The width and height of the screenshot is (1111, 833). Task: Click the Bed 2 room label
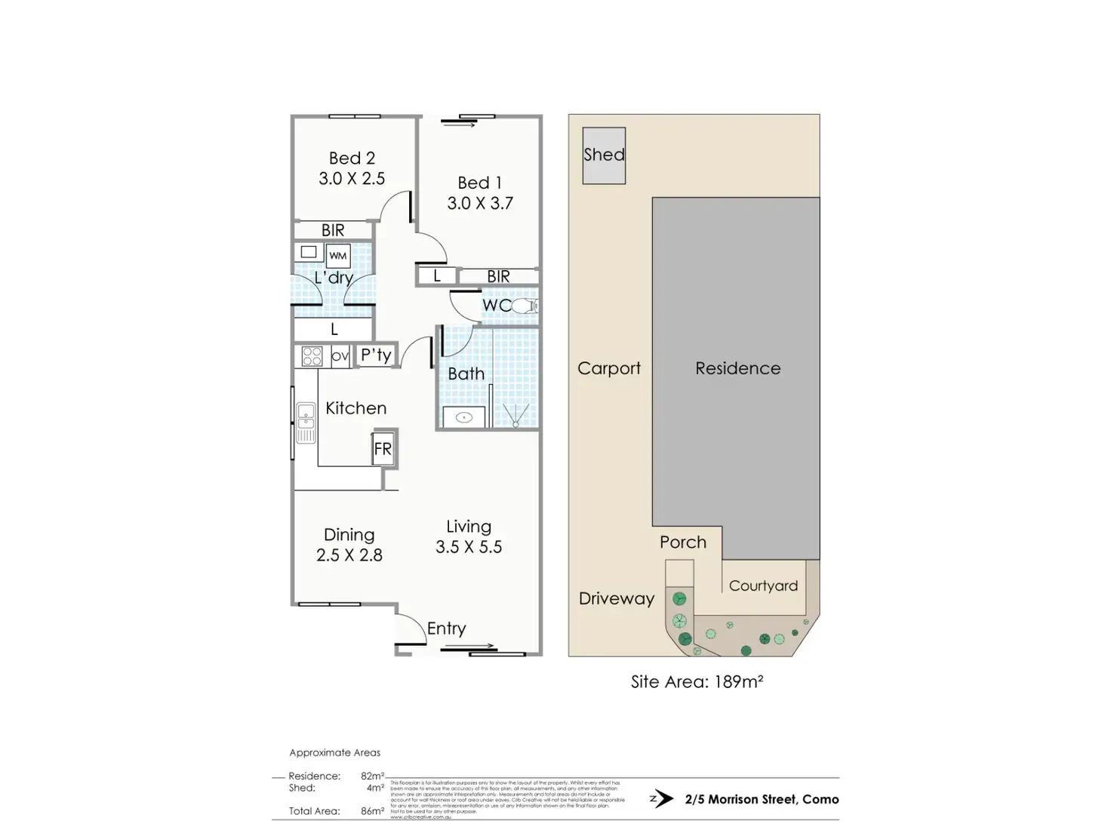click(352, 158)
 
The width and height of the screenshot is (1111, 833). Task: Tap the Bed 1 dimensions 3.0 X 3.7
click(480, 203)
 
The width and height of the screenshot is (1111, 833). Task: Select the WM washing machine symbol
click(338, 256)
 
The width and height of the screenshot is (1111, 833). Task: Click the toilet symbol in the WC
click(525, 306)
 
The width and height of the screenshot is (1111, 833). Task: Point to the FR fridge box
click(383, 450)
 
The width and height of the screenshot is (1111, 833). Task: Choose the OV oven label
click(340, 356)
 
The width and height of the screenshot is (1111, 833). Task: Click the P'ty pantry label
click(376, 355)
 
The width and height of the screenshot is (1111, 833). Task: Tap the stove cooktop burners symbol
click(312, 356)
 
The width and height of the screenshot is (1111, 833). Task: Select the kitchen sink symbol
click(306, 423)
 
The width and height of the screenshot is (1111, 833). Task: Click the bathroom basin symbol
click(464, 417)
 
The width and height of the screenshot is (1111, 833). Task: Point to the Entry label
click(446, 629)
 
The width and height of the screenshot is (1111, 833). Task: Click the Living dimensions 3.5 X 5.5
click(469, 547)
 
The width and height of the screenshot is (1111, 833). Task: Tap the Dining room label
click(349, 535)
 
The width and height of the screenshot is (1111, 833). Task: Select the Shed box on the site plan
click(604, 155)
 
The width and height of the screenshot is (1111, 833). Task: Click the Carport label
click(608, 368)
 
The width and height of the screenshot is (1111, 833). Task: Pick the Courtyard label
click(763, 586)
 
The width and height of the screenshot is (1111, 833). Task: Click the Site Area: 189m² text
click(697, 682)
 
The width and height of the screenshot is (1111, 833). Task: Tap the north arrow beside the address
click(661, 799)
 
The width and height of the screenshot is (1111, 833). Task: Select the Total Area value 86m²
click(372, 812)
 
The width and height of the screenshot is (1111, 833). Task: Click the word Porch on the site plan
click(683, 543)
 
